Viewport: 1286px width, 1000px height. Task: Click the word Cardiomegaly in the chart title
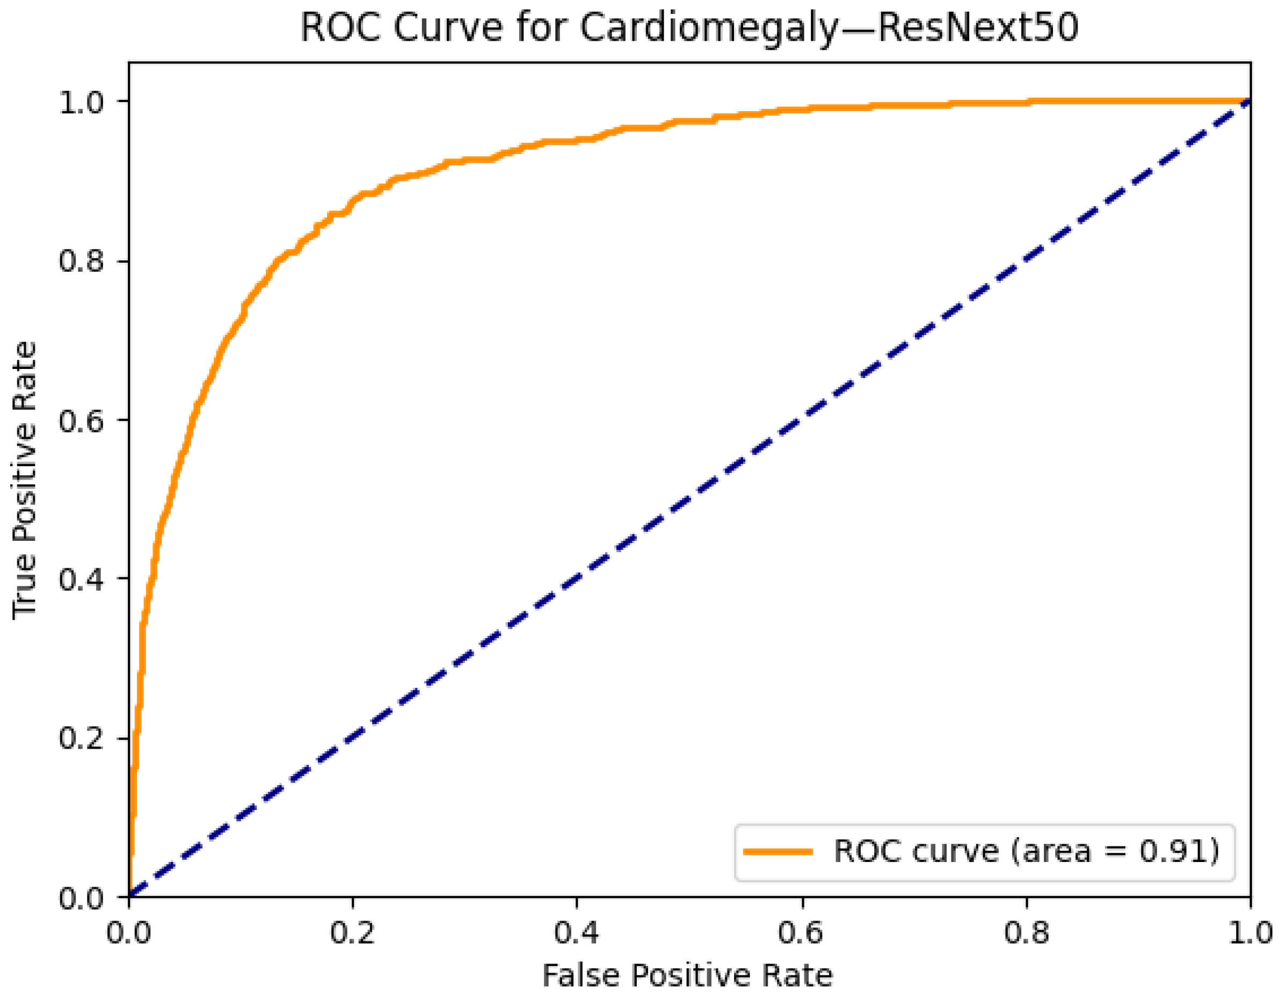[707, 28]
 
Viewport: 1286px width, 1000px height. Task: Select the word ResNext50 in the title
[978, 28]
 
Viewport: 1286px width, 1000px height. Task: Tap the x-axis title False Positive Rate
[687, 975]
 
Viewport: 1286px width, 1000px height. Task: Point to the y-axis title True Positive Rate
[25, 480]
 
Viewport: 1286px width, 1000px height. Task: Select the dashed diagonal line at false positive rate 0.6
[802, 420]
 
